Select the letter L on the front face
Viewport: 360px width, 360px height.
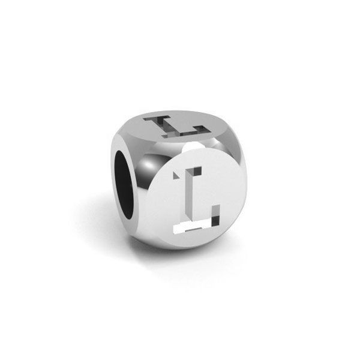coord(196,200)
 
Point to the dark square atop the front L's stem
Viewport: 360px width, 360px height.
coord(197,170)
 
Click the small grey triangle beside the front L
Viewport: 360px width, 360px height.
coord(176,175)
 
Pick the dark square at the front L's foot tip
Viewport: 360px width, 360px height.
coord(215,221)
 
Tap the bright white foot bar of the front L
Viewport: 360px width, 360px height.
coord(192,228)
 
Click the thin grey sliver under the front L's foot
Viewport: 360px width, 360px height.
coord(193,230)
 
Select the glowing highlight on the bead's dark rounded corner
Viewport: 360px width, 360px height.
coord(149,165)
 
